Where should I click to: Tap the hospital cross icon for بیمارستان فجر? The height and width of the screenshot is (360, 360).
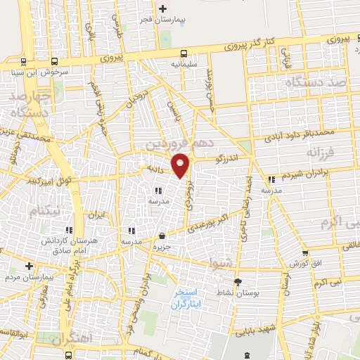pyautogui.click(x=163, y=9)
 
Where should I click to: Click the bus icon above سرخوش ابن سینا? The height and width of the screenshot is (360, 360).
pyautogui.click(x=25, y=61)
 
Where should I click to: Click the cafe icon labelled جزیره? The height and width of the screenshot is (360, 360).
pyautogui.click(x=162, y=236)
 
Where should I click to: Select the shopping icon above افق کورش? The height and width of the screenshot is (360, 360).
pyautogui.click(x=304, y=253)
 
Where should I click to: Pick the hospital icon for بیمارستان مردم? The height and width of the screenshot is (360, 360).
pyautogui.click(x=29, y=266)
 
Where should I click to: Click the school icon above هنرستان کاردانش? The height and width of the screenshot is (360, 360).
pyautogui.click(x=68, y=230)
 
